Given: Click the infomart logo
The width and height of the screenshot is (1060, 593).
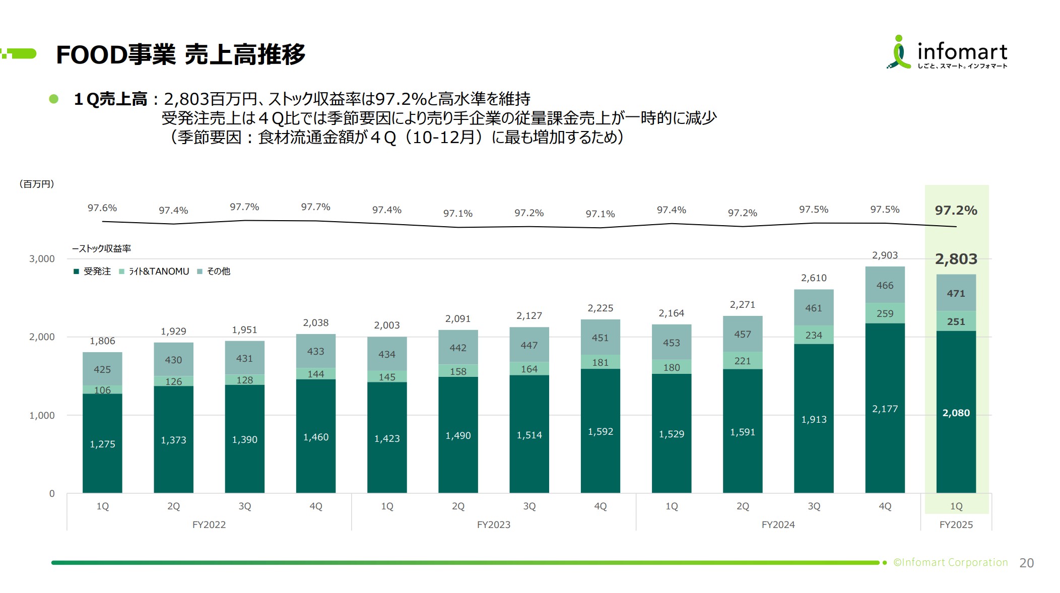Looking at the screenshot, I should click(947, 52).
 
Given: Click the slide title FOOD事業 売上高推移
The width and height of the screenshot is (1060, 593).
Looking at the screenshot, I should click(180, 54).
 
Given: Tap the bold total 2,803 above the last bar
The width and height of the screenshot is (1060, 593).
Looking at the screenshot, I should click(956, 259).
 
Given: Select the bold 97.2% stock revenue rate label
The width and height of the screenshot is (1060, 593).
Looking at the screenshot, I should click(956, 210).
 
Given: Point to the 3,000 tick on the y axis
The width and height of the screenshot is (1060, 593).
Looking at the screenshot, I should click(42, 259).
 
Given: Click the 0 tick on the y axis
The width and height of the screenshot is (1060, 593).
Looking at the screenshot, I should click(52, 494).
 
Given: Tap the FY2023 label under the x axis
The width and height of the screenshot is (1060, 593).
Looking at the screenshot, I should click(493, 524).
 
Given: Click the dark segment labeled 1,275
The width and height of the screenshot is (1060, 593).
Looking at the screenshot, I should click(102, 444).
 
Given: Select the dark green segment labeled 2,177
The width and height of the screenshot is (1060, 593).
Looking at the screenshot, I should click(885, 409).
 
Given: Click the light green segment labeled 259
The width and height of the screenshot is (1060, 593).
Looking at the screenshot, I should click(885, 313).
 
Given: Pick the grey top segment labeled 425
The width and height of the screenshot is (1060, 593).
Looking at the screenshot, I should click(102, 369).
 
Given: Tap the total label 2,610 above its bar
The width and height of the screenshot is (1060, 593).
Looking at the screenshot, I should click(814, 278).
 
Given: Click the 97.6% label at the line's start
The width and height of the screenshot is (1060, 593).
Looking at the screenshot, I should click(102, 208).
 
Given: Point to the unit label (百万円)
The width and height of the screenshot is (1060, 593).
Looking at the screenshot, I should click(37, 184).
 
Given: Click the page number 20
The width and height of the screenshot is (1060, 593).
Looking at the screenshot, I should click(1026, 563).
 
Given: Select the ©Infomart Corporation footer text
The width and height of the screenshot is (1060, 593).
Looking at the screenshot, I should click(950, 562).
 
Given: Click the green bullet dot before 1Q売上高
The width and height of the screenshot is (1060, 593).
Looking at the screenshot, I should click(54, 99).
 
